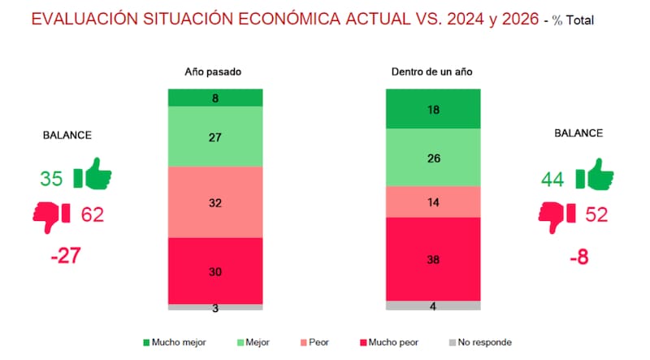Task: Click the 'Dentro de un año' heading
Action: tap(432, 72)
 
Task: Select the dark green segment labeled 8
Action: tap(215, 98)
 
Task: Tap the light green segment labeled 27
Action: tap(215, 137)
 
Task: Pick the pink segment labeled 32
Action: tap(215, 202)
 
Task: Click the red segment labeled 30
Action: tap(215, 271)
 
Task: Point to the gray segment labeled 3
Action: tap(215, 307)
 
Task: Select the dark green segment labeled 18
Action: tap(432, 109)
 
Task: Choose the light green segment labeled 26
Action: tap(432, 158)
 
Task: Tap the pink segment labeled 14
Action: tap(432, 201)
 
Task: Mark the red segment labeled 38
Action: tap(432, 258)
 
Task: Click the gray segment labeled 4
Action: tap(432, 306)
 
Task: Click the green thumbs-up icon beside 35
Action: tap(92, 176)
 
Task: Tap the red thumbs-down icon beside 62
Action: tap(52, 215)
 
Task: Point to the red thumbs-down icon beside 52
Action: tap(557, 215)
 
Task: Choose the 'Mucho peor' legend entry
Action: tap(388, 342)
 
